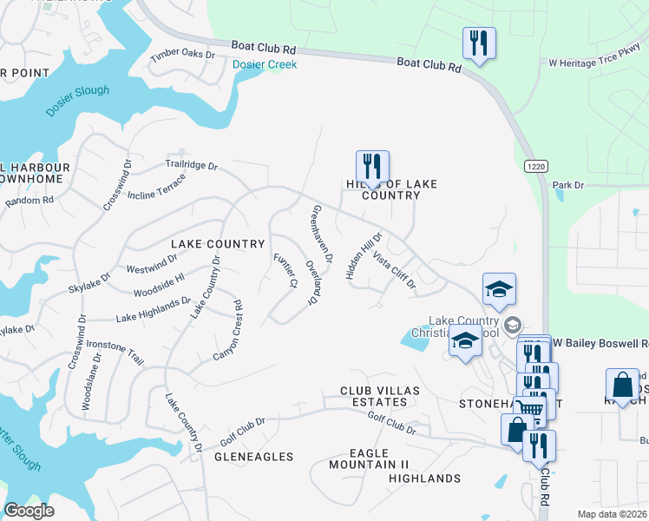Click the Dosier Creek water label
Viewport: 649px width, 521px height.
click(265, 64)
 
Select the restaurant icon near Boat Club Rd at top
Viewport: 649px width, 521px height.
click(479, 43)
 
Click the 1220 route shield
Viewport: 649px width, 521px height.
click(535, 165)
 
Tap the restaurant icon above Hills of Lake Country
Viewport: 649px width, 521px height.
click(372, 166)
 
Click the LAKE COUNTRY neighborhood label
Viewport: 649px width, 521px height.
click(217, 245)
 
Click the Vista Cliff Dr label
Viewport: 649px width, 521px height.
click(394, 270)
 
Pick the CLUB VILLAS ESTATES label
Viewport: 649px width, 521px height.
click(374, 397)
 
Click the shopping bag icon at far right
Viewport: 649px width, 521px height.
click(623, 385)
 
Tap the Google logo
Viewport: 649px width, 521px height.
click(29, 511)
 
